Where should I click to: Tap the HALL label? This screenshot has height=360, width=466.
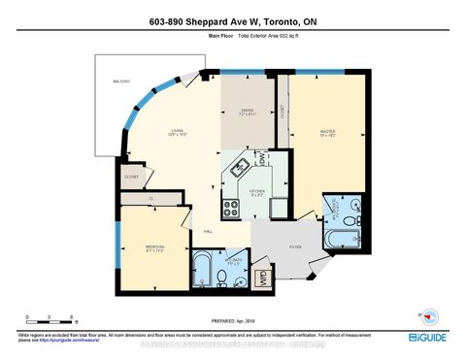tap(209, 231)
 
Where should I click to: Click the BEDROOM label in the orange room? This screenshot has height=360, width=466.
tap(154, 246)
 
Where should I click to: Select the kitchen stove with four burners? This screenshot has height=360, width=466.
tap(232, 206)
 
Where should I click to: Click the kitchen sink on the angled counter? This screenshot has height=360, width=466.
tap(237, 173)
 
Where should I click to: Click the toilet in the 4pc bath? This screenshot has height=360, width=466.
tap(222, 278)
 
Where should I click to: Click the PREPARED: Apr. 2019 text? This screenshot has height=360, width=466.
tap(232, 319)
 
